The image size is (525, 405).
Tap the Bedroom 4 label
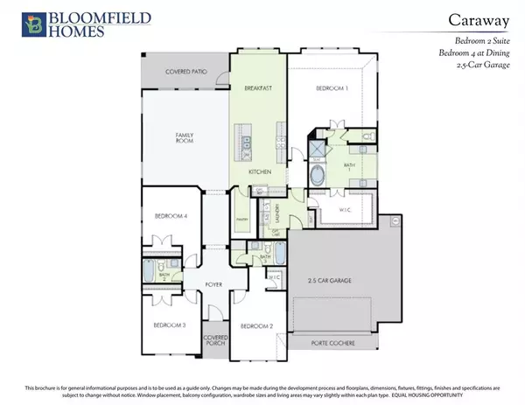pyautogui.click(x=170, y=216)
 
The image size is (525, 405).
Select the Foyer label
pyautogui.click(x=216, y=284)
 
